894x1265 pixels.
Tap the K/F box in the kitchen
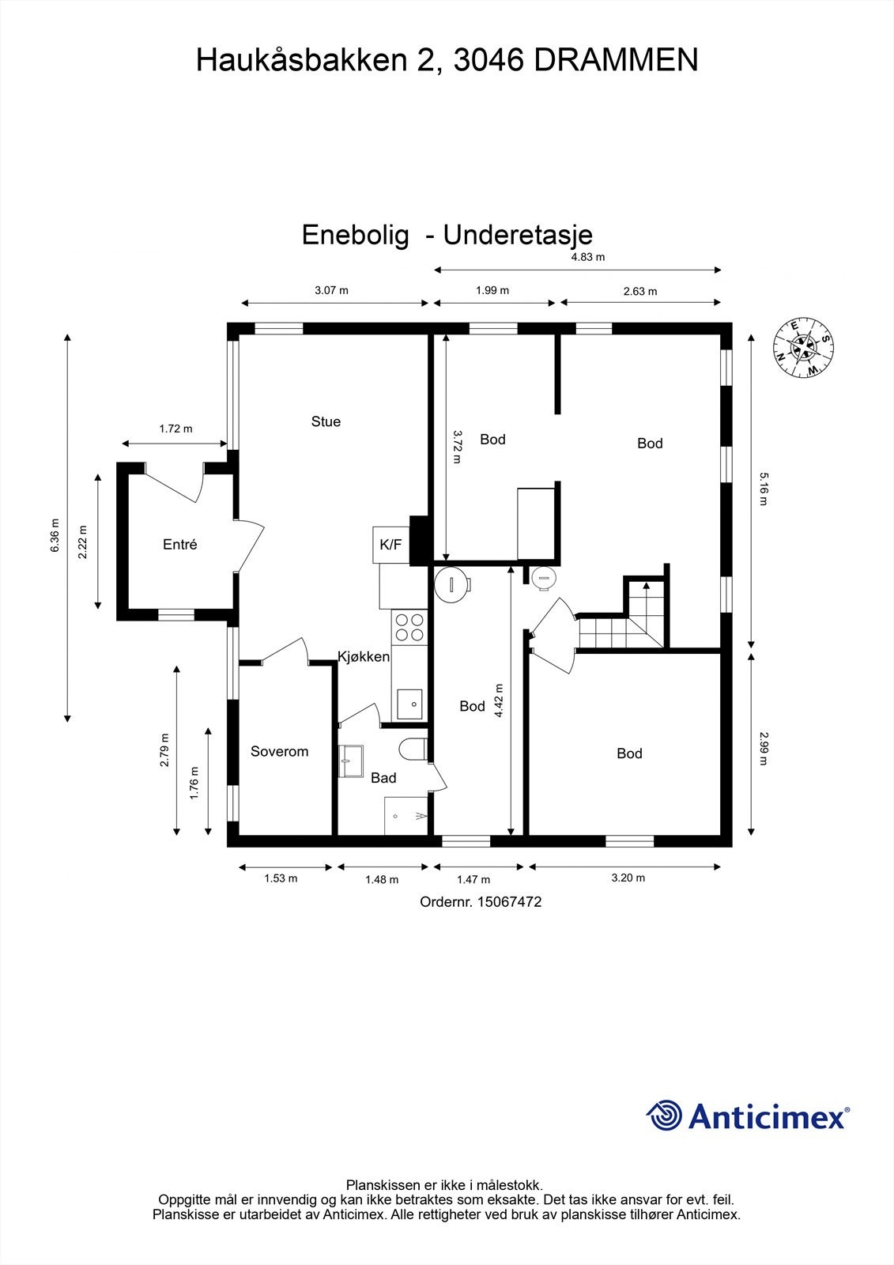click(x=390, y=545)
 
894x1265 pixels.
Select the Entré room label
click(x=179, y=545)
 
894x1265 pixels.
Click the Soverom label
click(x=279, y=752)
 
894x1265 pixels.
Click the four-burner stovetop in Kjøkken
click(x=409, y=627)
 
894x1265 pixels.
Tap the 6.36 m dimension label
click(x=55, y=535)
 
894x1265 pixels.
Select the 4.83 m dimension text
click(x=587, y=257)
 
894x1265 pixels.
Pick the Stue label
click(x=326, y=422)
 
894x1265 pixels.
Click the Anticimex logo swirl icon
click(x=665, y=1116)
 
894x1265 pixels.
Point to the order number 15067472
click(x=509, y=901)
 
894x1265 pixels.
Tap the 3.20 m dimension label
click(x=628, y=878)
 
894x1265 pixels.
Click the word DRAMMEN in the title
click(x=616, y=60)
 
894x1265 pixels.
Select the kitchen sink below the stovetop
click(x=409, y=704)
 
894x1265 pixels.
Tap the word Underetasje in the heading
click(x=518, y=235)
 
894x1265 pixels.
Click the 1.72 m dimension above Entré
click(x=175, y=429)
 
